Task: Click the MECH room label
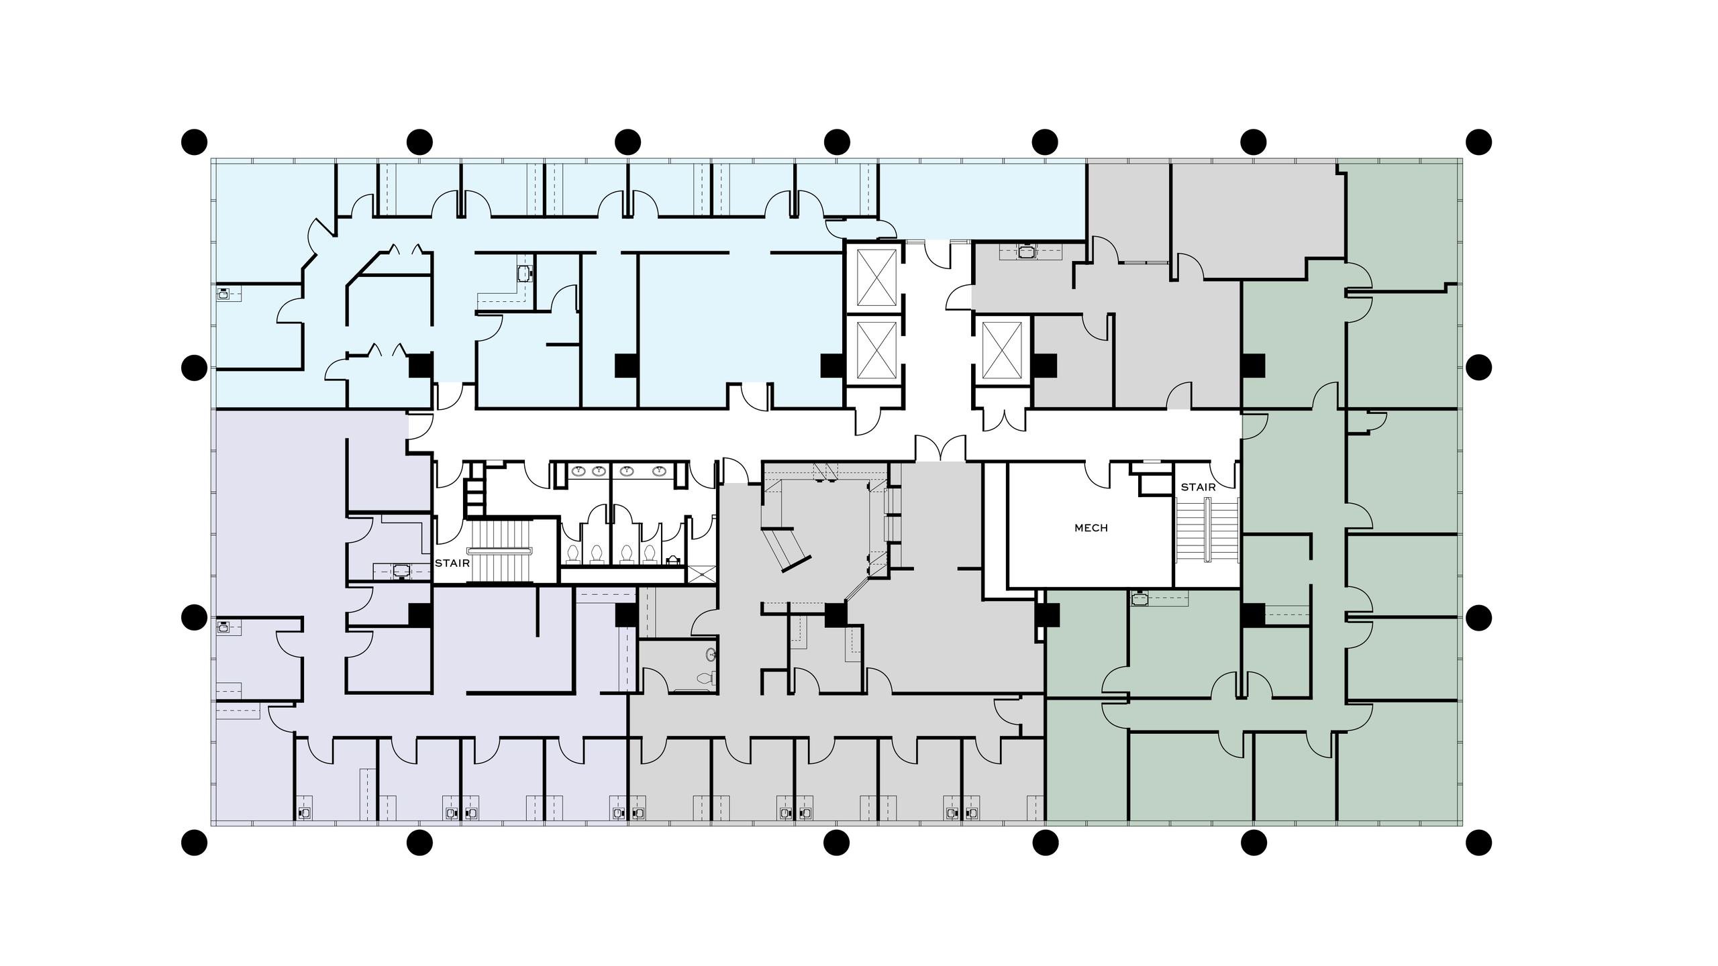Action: pos(1091,528)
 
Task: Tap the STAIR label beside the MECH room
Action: pos(1198,487)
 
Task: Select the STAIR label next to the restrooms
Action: pos(452,563)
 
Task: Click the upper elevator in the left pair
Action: pos(872,277)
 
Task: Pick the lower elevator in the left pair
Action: pos(872,351)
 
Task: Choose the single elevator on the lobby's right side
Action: pos(1001,351)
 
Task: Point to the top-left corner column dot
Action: pos(195,142)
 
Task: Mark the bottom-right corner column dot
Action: pos(1479,842)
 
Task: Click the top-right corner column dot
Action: pos(1479,142)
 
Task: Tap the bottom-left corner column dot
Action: pos(195,842)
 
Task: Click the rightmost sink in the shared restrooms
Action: pos(660,471)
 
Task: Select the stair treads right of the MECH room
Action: pos(1207,531)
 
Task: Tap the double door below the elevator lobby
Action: pos(941,447)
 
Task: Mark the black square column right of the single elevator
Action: pos(1045,366)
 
